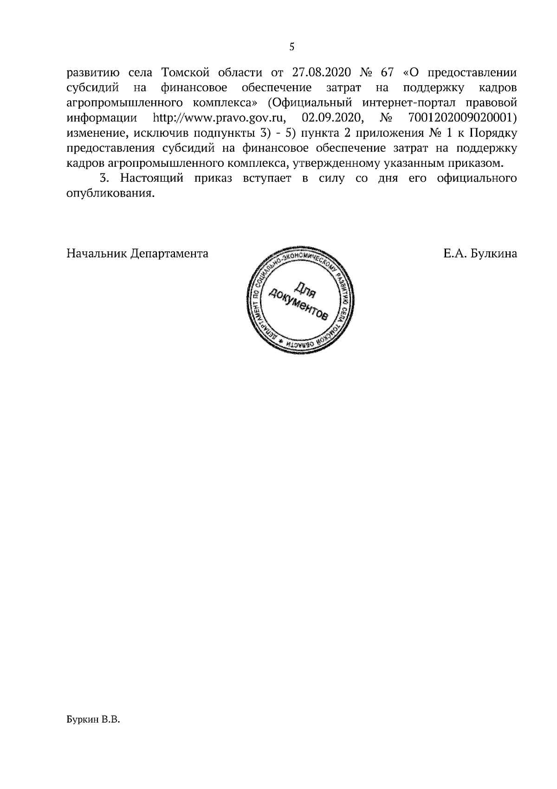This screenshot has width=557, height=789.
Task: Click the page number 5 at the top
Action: click(x=292, y=46)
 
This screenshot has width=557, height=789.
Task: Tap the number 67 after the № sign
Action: click(x=387, y=73)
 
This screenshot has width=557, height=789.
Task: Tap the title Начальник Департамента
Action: click(x=137, y=254)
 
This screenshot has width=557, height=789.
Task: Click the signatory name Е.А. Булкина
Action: click(x=480, y=254)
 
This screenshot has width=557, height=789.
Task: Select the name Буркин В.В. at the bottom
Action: click(x=93, y=733)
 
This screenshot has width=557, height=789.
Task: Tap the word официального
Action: click(x=477, y=178)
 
